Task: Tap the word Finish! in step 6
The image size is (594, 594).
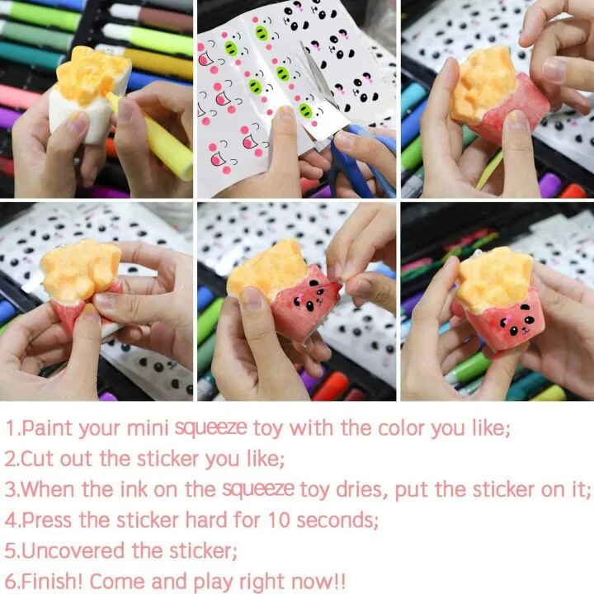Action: coord(51,581)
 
